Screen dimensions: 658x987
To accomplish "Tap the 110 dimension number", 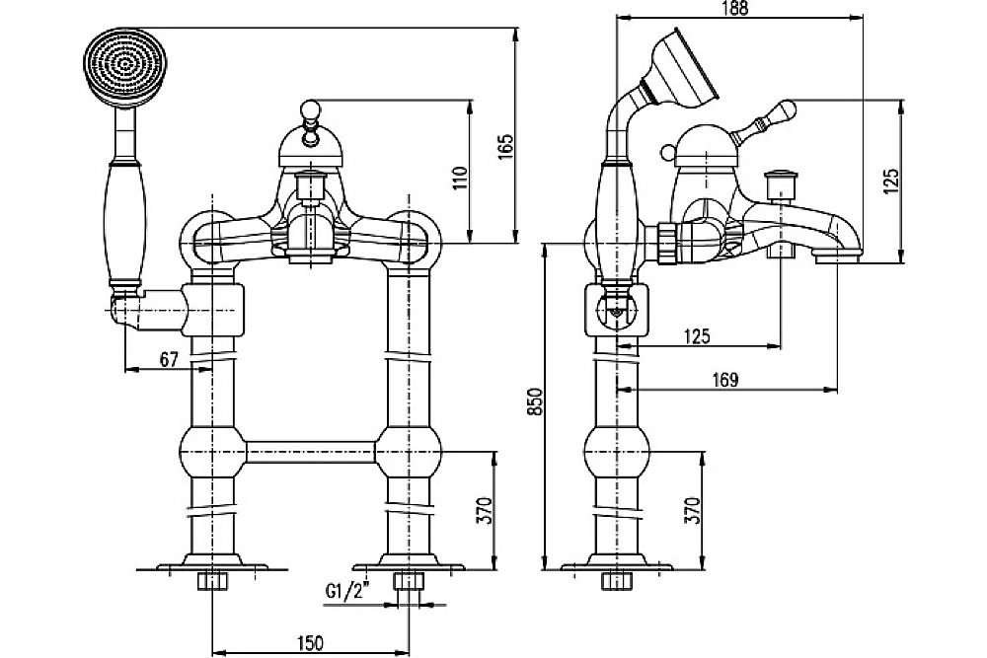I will (x=458, y=178).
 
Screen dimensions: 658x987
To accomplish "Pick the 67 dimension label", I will (x=168, y=360).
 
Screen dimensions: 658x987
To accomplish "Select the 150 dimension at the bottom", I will (x=310, y=643).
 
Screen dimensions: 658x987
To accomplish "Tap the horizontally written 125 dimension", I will (x=697, y=336).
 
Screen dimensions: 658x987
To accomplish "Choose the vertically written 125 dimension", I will (x=891, y=179).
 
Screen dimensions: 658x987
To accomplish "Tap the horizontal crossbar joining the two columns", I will (x=310, y=454).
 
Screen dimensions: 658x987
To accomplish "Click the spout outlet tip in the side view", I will (x=837, y=258).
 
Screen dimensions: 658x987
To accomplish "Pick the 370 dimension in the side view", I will (x=692, y=510).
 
